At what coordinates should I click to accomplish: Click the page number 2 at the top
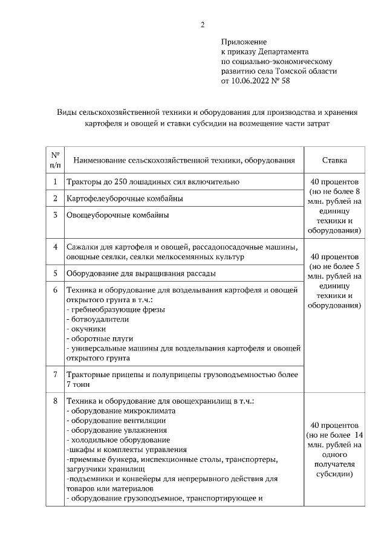click(x=203, y=25)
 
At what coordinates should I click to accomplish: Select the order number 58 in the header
click(x=285, y=80)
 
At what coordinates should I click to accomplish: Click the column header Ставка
click(x=334, y=160)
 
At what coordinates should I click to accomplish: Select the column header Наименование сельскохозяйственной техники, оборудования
click(x=184, y=160)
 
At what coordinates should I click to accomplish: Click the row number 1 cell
click(x=55, y=182)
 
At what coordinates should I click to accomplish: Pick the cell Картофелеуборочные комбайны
click(x=125, y=198)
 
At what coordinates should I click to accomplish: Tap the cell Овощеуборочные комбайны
click(x=118, y=215)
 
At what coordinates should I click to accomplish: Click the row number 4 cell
click(x=55, y=247)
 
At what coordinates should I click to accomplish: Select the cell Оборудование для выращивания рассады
click(x=141, y=273)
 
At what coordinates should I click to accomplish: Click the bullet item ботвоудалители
click(x=98, y=319)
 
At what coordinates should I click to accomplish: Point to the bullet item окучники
click(x=88, y=329)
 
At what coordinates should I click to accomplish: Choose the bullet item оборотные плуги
click(x=100, y=338)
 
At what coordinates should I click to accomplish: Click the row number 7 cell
click(x=55, y=375)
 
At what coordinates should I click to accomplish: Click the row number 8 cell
click(x=55, y=401)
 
